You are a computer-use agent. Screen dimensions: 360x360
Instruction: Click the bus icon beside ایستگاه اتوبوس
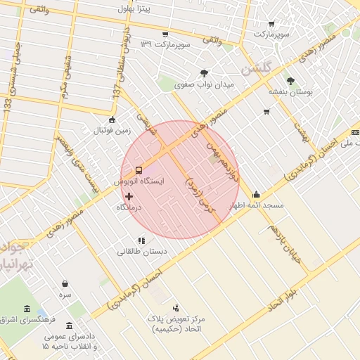click(x=139, y=169)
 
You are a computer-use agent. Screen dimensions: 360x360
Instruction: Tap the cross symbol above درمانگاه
click(x=129, y=195)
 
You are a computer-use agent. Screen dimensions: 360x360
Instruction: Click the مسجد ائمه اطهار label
click(x=257, y=205)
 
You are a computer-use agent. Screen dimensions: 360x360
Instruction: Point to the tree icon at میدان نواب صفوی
click(x=204, y=72)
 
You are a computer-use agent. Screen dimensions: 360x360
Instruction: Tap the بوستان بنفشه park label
click(x=289, y=92)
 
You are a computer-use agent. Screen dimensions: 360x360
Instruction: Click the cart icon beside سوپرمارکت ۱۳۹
click(x=165, y=34)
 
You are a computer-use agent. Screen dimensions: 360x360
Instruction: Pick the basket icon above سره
click(x=65, y=283)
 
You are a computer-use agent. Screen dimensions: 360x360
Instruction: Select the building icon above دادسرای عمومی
click(x=69, y=326)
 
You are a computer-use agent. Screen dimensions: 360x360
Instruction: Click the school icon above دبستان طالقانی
click(x=142, y=240)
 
